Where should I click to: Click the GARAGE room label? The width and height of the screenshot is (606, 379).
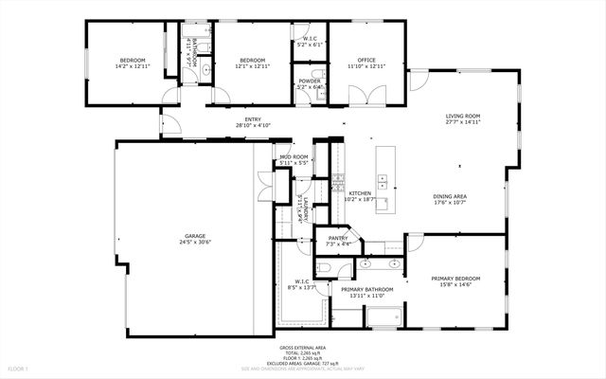coord(195,236)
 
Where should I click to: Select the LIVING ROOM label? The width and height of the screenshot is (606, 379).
coord(464,117)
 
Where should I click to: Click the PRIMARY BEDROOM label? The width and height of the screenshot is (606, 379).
coord(456,278)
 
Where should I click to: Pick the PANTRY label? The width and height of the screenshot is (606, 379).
coord(339,238)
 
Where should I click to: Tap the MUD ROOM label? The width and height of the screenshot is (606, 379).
coord(294,156)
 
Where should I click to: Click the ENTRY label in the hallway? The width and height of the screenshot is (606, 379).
coord(253,118)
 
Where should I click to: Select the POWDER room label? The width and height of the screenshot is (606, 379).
coord(310,81)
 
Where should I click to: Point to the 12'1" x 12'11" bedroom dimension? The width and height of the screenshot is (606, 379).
coord(251,66)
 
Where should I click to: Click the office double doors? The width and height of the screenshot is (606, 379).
coord(365,94)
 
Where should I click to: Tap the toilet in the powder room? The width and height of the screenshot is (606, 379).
coord(320,74)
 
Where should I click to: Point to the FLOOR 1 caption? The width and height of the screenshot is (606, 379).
coord(19,368)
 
